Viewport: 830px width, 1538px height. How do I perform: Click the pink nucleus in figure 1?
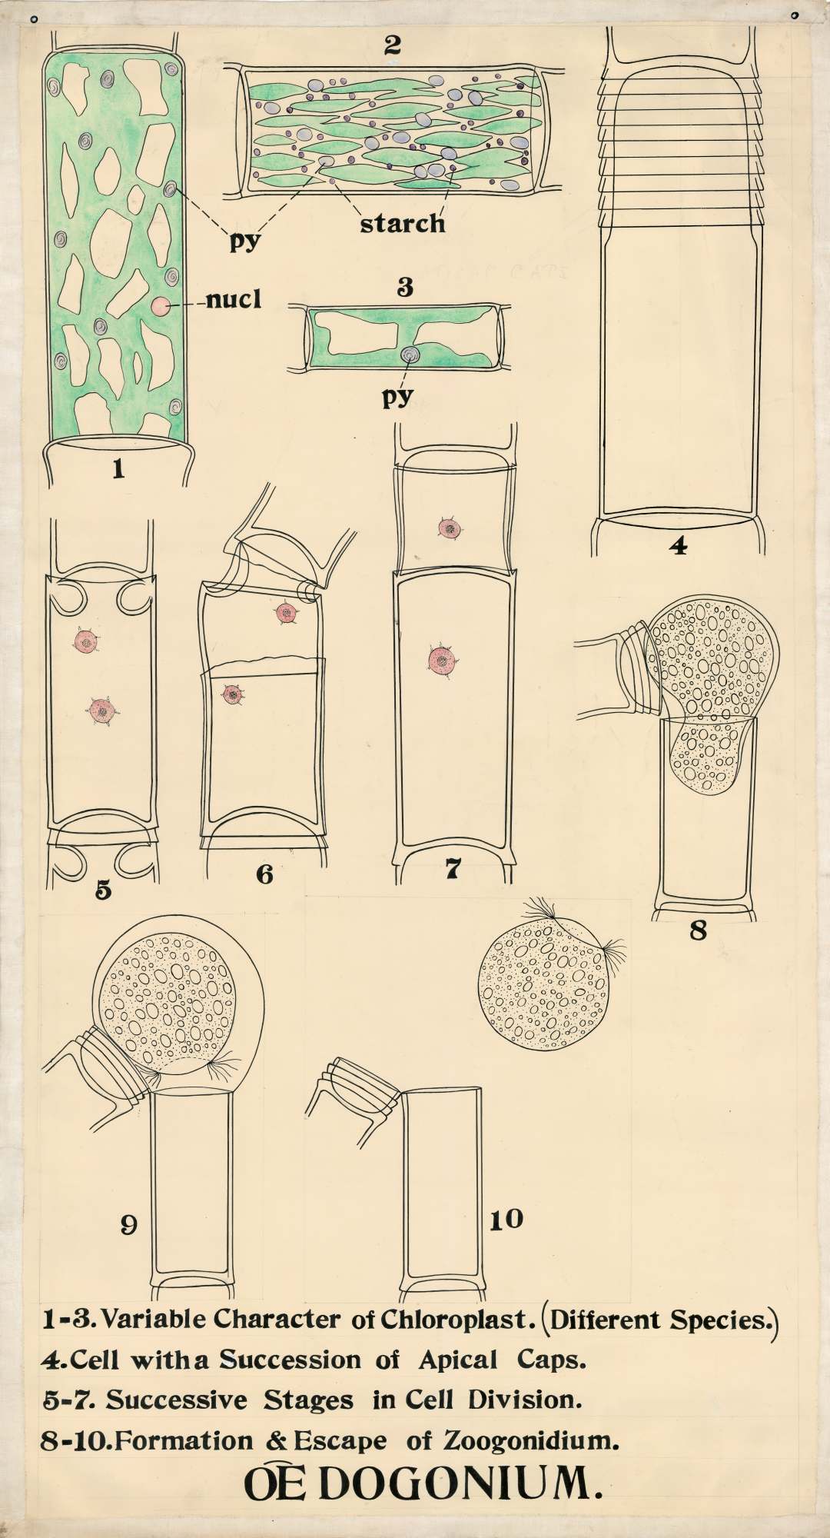161,306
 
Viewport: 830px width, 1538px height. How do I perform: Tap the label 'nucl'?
233,300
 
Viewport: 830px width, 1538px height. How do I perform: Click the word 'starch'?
402,223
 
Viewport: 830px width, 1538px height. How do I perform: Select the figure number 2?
393,45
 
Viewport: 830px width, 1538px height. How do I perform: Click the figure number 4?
678,546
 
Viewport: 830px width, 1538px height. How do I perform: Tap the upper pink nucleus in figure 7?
449,528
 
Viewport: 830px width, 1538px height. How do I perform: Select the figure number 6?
264,874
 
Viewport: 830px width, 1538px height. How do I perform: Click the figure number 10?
506,1219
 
